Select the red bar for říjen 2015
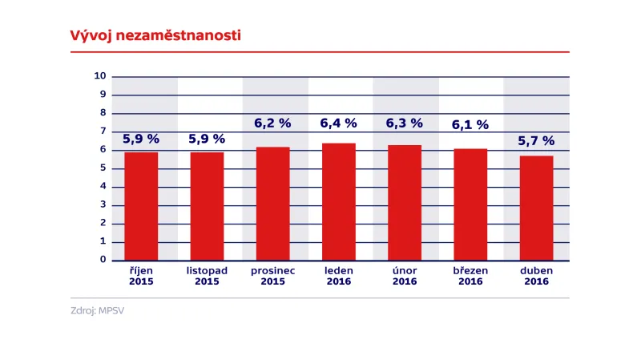tap(141, 206)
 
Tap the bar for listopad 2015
tap(207, 206)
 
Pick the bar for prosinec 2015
tap(273, 204)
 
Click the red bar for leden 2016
tap(339, 201)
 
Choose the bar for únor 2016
tap(405, 202)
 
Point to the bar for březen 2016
tap(470, 204)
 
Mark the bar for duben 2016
tap(536, 208)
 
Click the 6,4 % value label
tap(339, 123)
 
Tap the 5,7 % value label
tap(536, 140)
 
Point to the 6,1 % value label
tap(470, 125)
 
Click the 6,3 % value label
tap(405, 123)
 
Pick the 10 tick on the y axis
tap(100, 76)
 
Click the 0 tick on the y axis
tap(103, 260)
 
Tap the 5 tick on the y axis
tap(103, 168)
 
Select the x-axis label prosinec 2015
tap(273, 276)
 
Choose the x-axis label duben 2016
tap(536, 276)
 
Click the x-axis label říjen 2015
tap(141, 276)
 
